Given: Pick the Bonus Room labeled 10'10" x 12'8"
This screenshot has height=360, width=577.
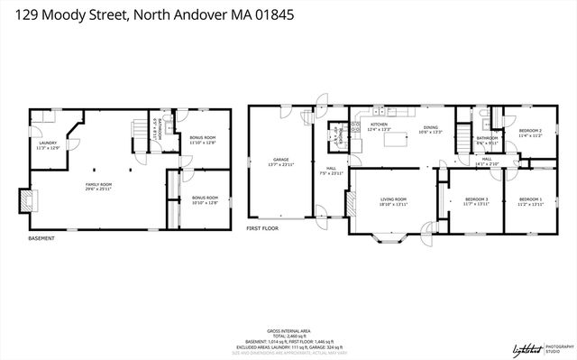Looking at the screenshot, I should tap(205, 199).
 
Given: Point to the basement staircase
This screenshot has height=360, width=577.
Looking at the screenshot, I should tap(141, 131).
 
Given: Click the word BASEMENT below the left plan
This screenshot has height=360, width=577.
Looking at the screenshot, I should tap(41, 238).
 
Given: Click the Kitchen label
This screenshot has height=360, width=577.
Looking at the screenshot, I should tap(379, 125).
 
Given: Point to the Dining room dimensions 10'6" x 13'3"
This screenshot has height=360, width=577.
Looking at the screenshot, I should tap(431, 131).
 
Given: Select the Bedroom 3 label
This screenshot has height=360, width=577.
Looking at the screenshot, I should tap(476, 200).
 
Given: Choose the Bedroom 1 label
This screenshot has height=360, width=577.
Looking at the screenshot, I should tap(530, 200).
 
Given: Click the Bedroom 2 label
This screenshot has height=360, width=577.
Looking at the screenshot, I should tap(530, 133).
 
